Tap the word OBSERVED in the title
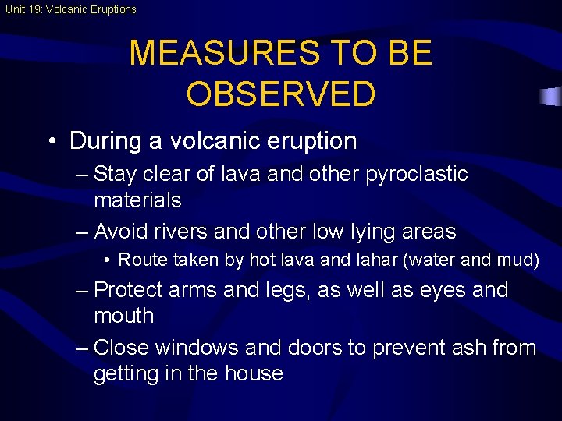tap(281, 94)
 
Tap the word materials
tap(137, 200)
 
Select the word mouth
tap(124, 317)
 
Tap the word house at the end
tap(253, 373)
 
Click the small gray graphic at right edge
tap(551, 97)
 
